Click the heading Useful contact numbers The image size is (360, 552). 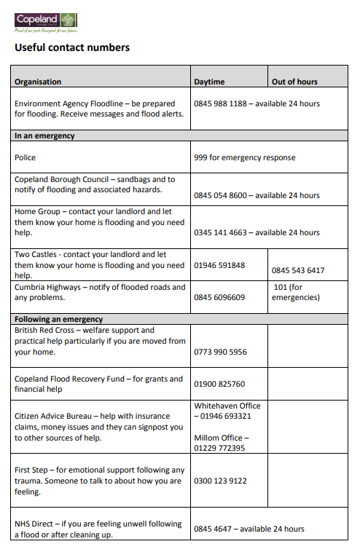coord(72,48)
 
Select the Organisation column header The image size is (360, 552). coord(38,82)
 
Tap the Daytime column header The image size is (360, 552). coord(209,82)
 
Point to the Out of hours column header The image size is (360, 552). coord(294,82)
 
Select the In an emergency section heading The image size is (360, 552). coord(44,135)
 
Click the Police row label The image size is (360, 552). coord(25,157)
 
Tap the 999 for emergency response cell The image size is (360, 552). coord(244,157)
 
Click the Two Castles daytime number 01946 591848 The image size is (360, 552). coord(219,265)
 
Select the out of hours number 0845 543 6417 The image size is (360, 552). coord(298,270)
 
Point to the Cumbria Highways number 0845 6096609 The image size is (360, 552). coord(219,297)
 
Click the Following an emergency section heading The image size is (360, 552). coord(55,319)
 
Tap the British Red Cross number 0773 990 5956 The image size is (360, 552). coord(220,352)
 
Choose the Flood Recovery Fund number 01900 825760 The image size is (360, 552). coord(219,384)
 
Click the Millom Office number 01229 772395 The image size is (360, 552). coord(219,448)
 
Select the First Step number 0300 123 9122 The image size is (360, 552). coord(220,481)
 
